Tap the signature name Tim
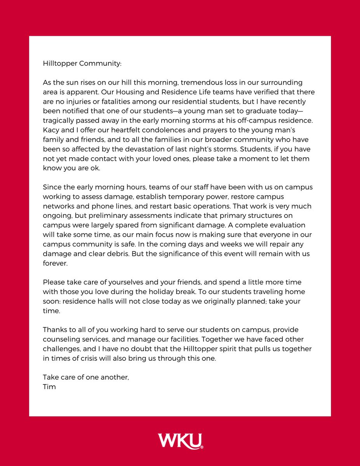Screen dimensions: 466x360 49,387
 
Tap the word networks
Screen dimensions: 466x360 59,207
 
